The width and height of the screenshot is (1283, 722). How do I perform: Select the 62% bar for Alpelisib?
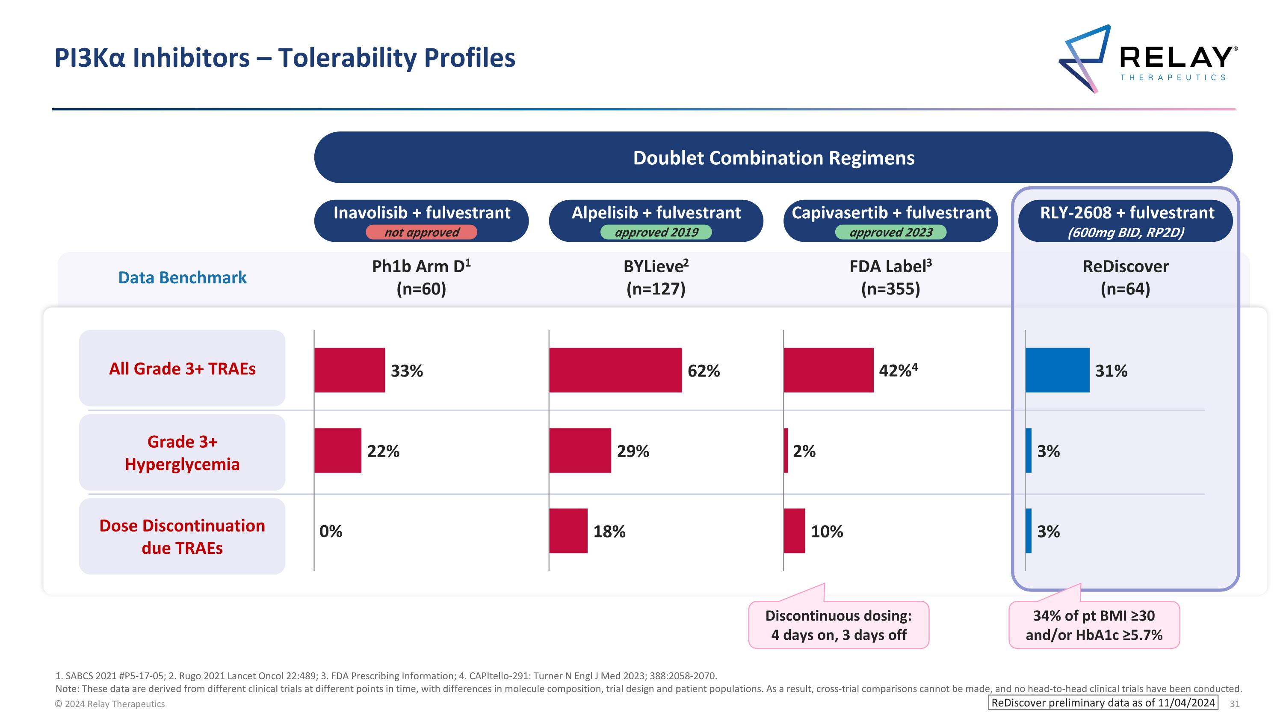pyautogui.click(x=615, y=370)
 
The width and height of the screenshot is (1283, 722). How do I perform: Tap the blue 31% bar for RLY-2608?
pyautogui.click(x=1057, y=370)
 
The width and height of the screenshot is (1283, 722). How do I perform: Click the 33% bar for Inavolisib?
pyautogui.click(x=349, y=370)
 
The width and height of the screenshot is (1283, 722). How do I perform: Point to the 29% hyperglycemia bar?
pyautogui.click(x=580, y=450)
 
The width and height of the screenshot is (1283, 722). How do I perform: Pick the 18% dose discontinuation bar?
pyautogui.click(x=568, y=531)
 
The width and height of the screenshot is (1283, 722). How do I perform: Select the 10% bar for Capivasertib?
pyautogui.click(x=794, y=531)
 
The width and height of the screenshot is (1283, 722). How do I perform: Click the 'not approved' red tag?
pyautogui.click(x=421, y=232)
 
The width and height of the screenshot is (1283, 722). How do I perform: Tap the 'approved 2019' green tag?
pyautogui.click(x=656, y=232)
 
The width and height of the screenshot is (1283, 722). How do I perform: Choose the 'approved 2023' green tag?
pyautogui.click(x=890, y=232)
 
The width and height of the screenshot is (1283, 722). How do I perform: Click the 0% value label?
pyautogui.click(x=331, y=531)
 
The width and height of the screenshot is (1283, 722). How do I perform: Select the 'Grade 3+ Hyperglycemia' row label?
pyautogui.click(x=182, y=452)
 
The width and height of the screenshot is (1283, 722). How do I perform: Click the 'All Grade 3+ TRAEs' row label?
pyautogui.click(x=182, y=369)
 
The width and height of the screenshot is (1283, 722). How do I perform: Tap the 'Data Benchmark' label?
pyautogui.click(x=182, y=277)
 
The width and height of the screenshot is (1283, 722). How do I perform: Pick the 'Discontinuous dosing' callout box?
pyautogui.click(x=838, y=625)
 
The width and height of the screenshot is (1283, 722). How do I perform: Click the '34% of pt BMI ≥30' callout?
pyautogui.click(x=1094, y=625)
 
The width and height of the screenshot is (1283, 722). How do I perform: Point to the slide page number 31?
pyautogui.click(x=1235, y=704)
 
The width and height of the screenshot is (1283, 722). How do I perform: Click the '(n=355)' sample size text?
pyautogui.click(x=890, y=289)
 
